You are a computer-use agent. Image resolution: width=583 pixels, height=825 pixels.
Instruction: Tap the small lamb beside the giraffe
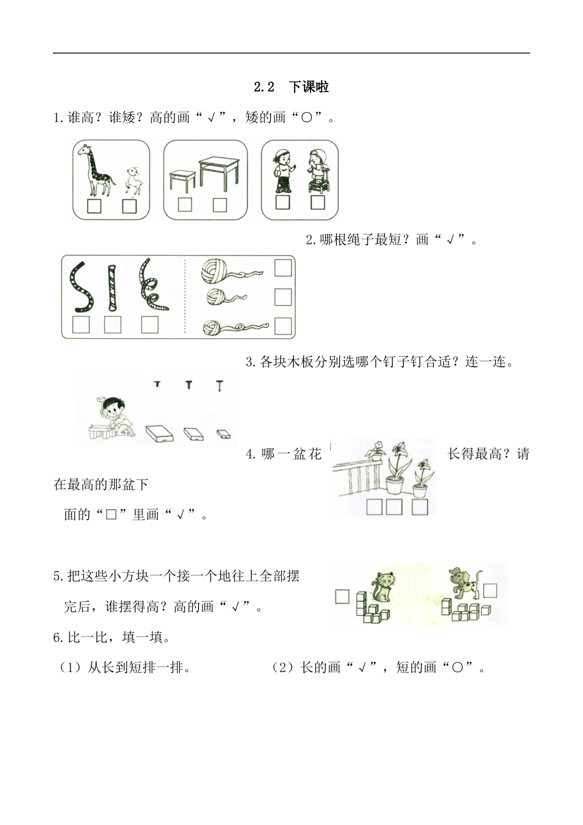(x=131, y=180)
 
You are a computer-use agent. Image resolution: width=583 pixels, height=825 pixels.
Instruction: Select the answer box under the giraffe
(x=94, y=206)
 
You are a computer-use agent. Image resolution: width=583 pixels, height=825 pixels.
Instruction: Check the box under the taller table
(x=219, y=205)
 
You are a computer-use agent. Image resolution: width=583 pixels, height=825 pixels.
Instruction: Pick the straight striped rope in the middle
(x=112, y=287)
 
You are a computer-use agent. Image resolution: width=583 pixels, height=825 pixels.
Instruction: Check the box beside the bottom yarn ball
(x=283, y=325)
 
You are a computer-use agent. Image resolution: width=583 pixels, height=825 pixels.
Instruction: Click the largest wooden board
(x=160, y=434)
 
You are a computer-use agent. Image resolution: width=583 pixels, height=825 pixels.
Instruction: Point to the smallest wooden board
(x=223, y=433)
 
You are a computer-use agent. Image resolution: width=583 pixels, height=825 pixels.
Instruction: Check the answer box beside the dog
(x=490, y=590)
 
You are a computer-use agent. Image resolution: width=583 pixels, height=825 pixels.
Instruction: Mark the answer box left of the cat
(x=342, y=595)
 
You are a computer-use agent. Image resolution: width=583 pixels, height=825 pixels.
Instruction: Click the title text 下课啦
(x=309, y=87)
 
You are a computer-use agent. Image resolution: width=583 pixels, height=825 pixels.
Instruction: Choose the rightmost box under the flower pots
(x=420, y=506)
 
